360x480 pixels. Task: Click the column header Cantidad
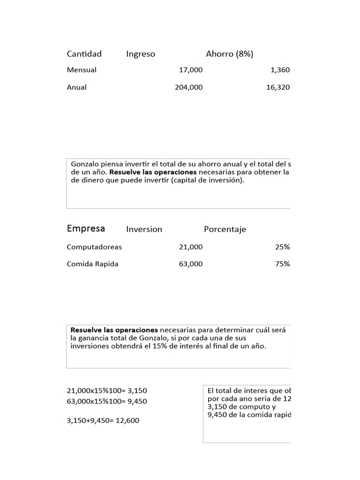pyautogui.click(x=84, y=54)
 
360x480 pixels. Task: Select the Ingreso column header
pyautogui.click(x=140, y=54)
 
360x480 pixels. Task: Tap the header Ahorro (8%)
pyautogui.click(x=229, y=54)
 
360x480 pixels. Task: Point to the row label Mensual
pyautogui.click(x=82, y=70)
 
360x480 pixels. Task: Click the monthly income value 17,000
pyautogui.click(x=191, y=70)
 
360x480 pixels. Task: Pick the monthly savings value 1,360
pyautogui.click(x=280, y=70)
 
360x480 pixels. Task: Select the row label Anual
pyautogui.click(x=76, y=87)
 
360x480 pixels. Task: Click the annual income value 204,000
pyautogui.click(x=188, y=87)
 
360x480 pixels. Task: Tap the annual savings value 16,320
pyautogui.click(x=278, y=87)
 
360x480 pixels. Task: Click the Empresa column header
pyautogui.click(x=86, y=229)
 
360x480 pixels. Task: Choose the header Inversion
pyautogui.click(x=144, y=229)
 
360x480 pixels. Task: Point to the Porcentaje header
pyautogui.click(x=225, y=229)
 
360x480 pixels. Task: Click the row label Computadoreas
pyautogui.click(x=94, y=247)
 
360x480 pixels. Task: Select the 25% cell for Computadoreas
pyautogui.click(x=282, y=247)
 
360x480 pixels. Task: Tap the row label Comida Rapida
pyautogui.click(x=92, y=264)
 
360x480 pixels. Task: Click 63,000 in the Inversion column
pyautogui.click(x=191, y=264)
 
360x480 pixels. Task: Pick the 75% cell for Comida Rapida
pyautogui.click(x=282, y=264)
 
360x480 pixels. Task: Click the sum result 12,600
pyautogui.click(x=127, y=420)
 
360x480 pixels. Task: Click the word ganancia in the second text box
pyautogui.click(x=95, y=338)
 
